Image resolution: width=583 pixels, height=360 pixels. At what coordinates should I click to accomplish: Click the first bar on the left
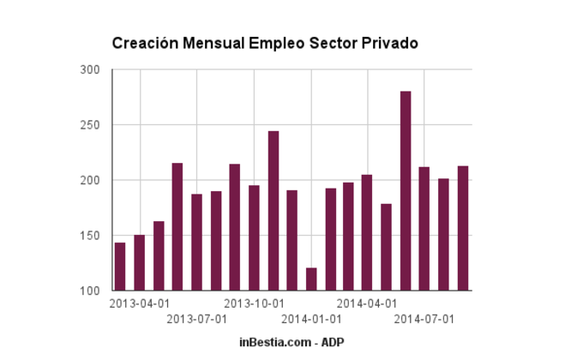[x=120, y=267]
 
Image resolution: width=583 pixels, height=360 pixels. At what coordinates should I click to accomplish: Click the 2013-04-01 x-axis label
[x=140, y=303]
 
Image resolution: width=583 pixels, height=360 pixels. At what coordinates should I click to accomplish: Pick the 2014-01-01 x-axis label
[x=311, y=320]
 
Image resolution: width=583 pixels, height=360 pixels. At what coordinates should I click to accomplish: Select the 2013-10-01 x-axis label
[x=254, y=303]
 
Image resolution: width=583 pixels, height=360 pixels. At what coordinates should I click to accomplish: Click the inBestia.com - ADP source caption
[x=291, y=342]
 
